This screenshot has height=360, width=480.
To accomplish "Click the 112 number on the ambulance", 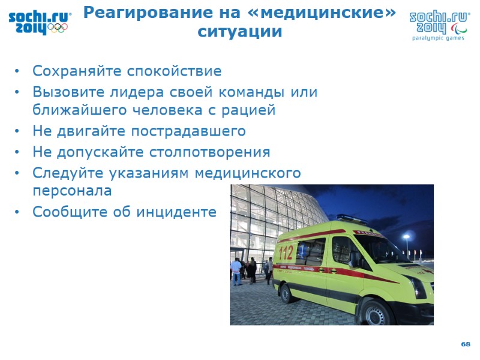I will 287,251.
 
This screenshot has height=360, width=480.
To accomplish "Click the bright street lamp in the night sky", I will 406,238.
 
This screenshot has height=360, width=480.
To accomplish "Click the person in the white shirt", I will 236,271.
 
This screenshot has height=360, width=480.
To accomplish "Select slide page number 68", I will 466,344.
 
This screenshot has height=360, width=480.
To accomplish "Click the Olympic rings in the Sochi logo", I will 58,27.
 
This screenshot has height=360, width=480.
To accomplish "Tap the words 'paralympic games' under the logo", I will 438,38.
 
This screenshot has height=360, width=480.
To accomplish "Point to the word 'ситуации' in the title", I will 239,32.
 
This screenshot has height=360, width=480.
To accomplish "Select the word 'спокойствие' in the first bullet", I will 174,71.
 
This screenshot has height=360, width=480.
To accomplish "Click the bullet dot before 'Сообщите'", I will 19,212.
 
